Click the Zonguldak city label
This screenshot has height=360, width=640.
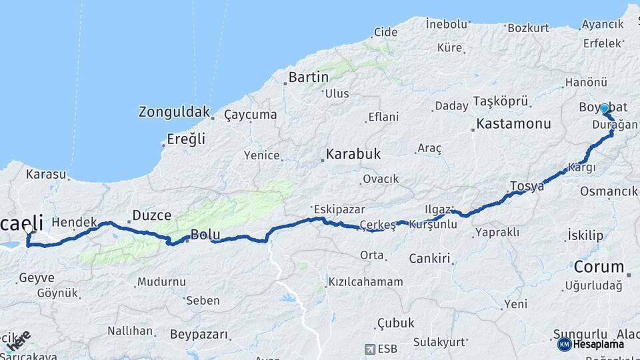click(x=174, y=112)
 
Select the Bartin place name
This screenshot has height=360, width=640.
click(x=309, y=77)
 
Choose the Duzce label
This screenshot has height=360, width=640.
click(x=151, y=215)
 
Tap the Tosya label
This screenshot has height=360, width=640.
click(x=527, y=186)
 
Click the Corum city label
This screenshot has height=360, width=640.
click(x=599, y=267)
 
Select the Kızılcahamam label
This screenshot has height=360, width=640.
click(x=365, y=282)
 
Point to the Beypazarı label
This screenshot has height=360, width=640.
click(x=199, y=334)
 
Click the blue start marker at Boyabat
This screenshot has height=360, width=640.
click(x=604, y=108)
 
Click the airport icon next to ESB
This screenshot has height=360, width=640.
click(x=370, y=348)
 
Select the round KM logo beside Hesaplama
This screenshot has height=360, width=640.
click(x=564, y=344)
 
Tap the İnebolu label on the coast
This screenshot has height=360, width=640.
click(x=447, y=24)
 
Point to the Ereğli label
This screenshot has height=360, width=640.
click(x=187, y=139)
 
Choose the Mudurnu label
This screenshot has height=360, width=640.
click(x=163, y=282)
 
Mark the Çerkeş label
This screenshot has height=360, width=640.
click(x=377, y=225)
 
